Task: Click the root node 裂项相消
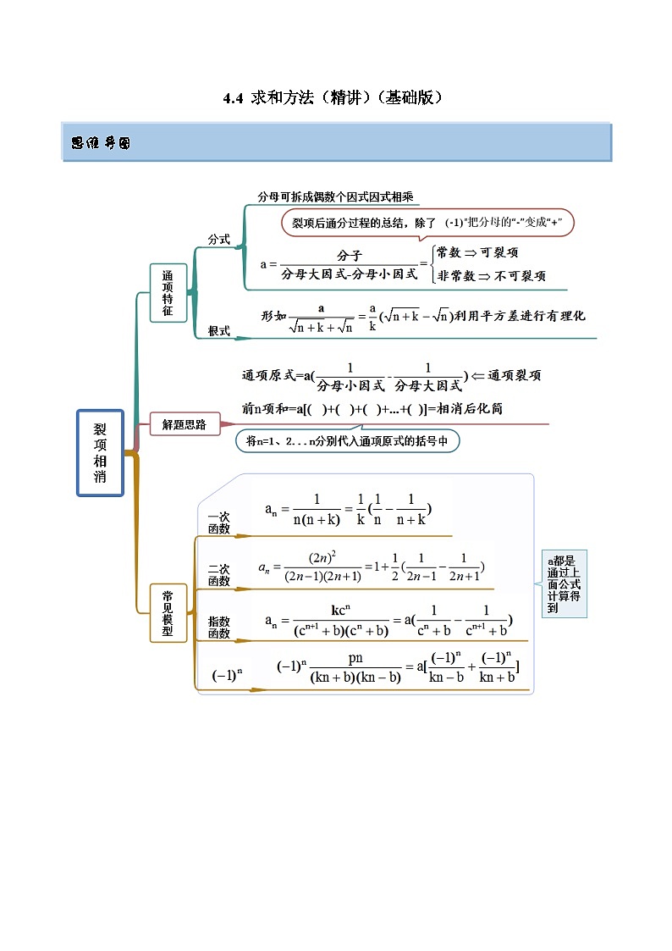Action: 100,453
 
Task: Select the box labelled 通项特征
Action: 168,293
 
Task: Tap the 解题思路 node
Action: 184,425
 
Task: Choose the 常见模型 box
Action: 168,613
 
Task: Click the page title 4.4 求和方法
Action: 333,98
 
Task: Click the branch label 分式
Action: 219,240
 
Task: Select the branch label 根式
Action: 219,331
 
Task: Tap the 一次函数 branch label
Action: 218,522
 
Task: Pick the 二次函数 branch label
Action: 218,575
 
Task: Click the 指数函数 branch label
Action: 218,628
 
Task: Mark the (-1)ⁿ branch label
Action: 227,675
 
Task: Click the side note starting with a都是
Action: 564,584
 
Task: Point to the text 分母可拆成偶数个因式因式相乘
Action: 335,196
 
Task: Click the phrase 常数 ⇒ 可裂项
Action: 477,252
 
